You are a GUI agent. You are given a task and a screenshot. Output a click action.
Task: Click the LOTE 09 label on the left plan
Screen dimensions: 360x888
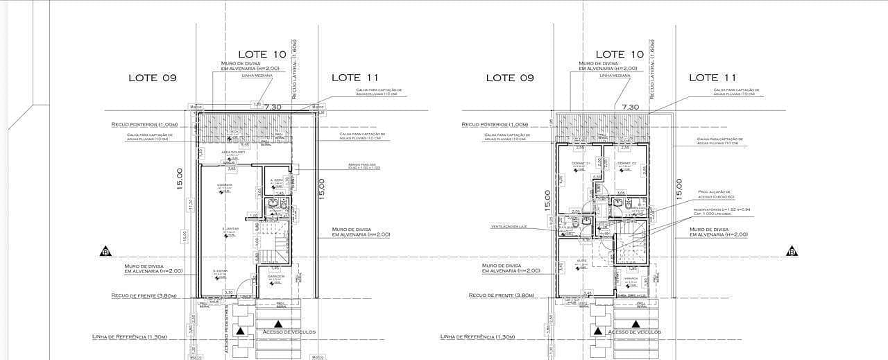[x=153, y=78]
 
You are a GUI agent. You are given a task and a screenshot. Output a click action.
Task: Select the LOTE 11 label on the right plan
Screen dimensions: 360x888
[x=712, y=78]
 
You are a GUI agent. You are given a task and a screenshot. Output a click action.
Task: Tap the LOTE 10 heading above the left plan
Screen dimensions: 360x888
[x=262, y=54]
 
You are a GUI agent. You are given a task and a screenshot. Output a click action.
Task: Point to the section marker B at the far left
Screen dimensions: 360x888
[x=105, y=251]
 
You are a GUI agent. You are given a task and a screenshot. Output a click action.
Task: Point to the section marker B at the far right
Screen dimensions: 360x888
[x=792, y=251]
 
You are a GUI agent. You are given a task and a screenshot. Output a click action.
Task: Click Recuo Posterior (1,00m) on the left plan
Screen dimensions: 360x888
[x=144, y=124]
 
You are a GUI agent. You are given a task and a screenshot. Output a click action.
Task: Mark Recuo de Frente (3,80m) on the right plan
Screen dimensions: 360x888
[x=501, y=295]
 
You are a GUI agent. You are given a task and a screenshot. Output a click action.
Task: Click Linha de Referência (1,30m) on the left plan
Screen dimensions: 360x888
[x=129, y=336]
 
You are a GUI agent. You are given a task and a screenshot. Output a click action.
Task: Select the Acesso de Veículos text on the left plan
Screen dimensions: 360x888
[x=285, y=332]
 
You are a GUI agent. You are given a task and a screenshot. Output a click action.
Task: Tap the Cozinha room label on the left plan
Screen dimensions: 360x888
[x=224, y=185]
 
